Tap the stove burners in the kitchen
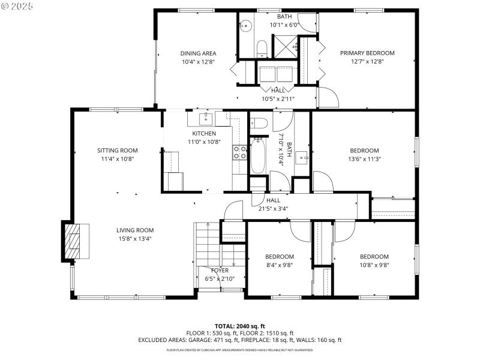pos(240,152)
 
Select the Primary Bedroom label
pos(367,53)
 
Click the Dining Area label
pos(198,53)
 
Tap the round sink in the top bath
pos(245,26)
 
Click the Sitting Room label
pos(118,151)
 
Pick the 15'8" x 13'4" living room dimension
pos(135,238)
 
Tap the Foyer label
pos(220,271)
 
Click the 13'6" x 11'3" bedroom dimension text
pos(364,159)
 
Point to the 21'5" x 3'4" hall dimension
pos(273,209)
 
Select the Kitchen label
pos(204,133)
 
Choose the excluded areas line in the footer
pos(240,340)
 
